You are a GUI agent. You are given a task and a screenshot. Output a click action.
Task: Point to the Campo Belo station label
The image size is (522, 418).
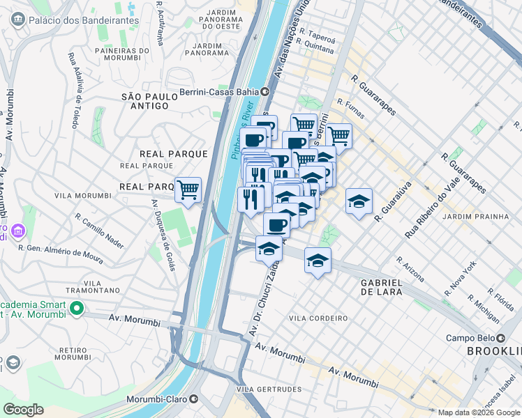point(474,339)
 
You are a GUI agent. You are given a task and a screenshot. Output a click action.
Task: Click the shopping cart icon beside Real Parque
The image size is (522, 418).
point(188,189)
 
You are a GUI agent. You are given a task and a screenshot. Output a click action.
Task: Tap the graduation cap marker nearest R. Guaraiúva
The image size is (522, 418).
point(359,201)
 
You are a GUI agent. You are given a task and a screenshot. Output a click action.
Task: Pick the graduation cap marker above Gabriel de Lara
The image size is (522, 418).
point(318,261)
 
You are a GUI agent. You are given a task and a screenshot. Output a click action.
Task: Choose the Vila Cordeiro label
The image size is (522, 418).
point(318,318)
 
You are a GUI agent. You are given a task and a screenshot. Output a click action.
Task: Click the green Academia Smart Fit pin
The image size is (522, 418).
point(76,307)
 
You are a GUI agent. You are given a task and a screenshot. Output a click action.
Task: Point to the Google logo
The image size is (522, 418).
point(23,410)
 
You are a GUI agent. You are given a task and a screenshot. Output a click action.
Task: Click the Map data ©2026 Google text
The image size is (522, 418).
point(479,412)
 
